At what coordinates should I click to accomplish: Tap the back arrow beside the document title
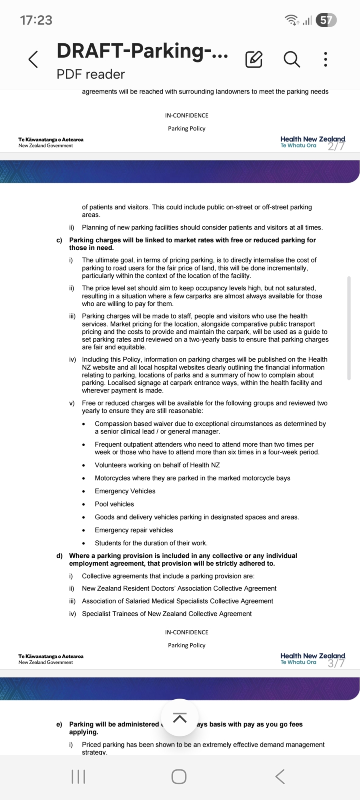click(34, 60)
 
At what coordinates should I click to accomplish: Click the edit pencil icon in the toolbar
click(254, 60)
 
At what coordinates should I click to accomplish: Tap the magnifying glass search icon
click(292, 60)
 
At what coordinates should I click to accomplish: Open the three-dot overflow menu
click(326, 60)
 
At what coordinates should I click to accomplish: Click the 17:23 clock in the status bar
click(36, 20)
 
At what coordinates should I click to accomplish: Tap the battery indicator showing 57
click(326, 20)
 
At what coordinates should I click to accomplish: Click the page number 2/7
click(336, 146)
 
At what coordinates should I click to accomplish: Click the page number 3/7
click(336, 663)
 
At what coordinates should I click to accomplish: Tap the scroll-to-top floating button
click(180, 718)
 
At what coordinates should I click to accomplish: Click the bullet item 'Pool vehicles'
click(114, 504)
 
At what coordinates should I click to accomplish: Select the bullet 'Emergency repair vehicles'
click(134, 530)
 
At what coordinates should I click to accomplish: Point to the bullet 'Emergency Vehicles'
click(125, 491)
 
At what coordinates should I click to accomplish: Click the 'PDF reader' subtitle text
click(91, 74)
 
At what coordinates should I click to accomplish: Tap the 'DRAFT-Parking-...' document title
click(142, 51)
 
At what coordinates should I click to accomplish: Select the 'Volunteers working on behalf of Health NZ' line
click(157, 465)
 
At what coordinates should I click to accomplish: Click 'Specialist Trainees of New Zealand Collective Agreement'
click(167, 614)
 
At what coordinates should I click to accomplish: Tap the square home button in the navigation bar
click(179, 776)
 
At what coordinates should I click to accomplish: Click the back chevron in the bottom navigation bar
click(280, 776)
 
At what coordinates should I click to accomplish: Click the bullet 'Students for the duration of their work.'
click(151, 543)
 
